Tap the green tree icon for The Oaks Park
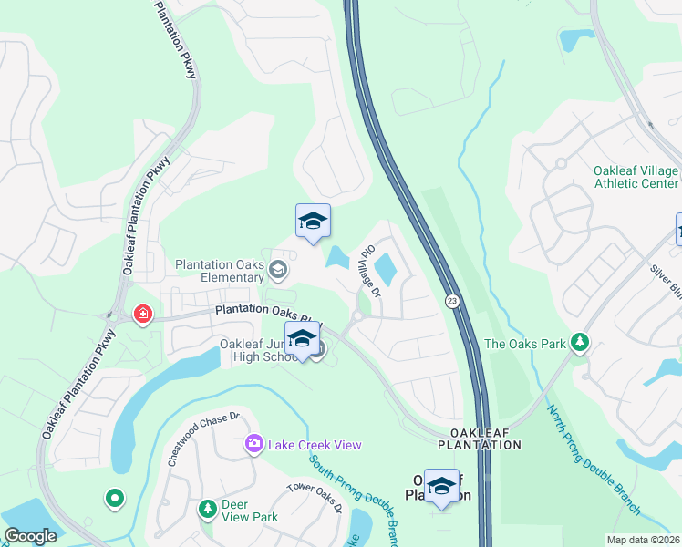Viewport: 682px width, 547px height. click(x=579, y=343)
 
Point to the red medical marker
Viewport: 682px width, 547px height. click(x=143, y=315)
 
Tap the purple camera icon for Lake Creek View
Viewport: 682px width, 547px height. click(x=253, y=444)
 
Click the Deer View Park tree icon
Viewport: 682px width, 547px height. click(x=208, y=507)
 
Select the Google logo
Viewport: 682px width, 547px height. click(x=30, y=536)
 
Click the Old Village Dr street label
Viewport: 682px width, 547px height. click(x=369, y=271)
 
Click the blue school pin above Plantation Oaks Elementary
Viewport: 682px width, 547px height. click(x=313, y=222)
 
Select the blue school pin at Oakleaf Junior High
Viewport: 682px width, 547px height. click(x=302, y=339)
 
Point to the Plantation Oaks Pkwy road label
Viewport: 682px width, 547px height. click(x=268, y=312)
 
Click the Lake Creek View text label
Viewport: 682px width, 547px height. click(x=314, y=444)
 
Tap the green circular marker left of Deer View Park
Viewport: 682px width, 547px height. click(x=114, y=498)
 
